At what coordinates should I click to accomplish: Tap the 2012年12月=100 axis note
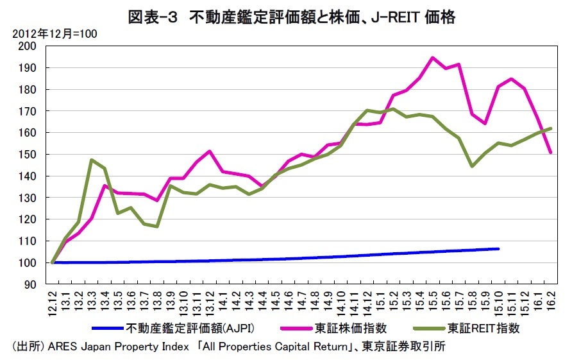point(51,34)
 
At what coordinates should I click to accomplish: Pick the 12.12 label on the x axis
point(53,301)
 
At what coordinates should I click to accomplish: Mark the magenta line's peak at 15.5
point(432,58)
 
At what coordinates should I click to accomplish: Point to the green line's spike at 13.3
point(92,160)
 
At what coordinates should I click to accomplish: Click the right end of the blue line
point(498,248)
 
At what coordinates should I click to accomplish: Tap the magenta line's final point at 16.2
point(550,153)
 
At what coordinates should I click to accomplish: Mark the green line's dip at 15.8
point(472,166)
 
